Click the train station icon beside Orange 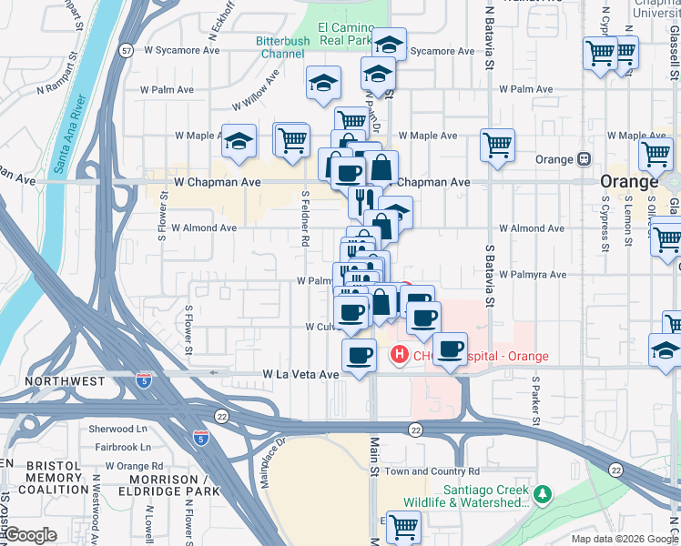point(583,159)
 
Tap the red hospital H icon point(398,354)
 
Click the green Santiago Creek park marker point(543,495)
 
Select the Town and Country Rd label point(432,471)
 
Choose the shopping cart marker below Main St point(402,525)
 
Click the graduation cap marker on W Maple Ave point(238,140)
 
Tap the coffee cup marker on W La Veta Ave point(358,355)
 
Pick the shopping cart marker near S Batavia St point(497,144)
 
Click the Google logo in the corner point(31,534)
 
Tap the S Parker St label point(536,400)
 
